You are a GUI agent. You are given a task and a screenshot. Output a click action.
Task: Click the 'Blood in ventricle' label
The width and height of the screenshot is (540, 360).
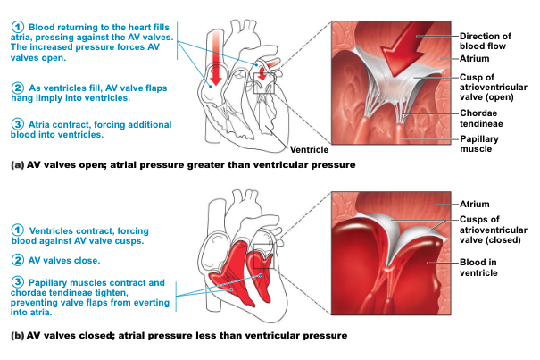point(478,267)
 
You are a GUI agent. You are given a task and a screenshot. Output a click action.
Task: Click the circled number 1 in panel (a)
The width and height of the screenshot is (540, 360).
point(17,27)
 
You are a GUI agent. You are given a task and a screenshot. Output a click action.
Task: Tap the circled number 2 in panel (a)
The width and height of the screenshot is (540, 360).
point(17,88)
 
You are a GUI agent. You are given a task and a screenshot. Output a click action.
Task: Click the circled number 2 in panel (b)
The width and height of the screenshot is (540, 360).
point(17,261)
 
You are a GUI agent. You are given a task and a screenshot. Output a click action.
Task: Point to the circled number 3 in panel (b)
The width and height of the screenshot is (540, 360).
point(17,282)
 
